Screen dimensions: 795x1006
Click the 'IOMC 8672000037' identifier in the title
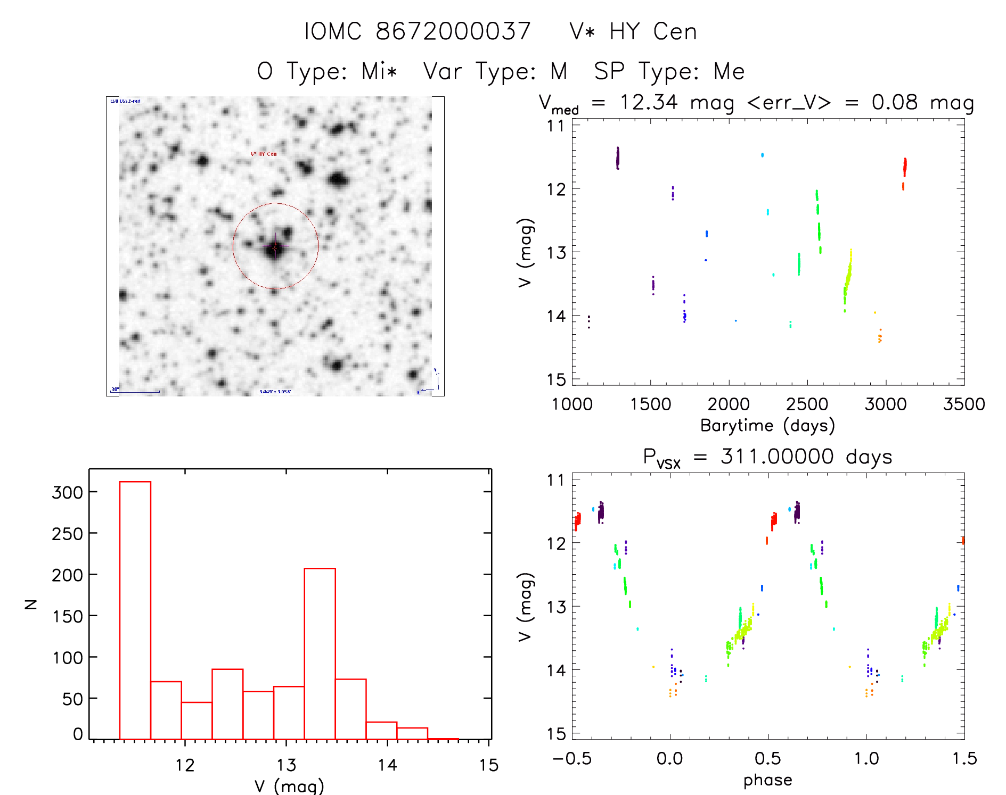[x=418, y=31]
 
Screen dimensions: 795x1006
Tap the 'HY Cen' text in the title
[x=653, y=31]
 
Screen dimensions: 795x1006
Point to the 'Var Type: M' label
[x=495, y=71]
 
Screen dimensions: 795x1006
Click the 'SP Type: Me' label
[x=669, y=71]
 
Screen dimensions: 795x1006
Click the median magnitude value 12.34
[x=649, y=102]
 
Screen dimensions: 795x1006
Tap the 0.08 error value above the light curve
[x=895, y=102]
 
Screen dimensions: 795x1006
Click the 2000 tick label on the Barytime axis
[x=729, y=404]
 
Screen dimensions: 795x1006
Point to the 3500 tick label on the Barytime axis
[x=964, y=404]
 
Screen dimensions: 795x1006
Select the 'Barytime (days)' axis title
[x=767, y=426]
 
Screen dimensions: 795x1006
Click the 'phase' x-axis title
[x=767, y=780]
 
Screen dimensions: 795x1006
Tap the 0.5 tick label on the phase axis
[x=768, y=758]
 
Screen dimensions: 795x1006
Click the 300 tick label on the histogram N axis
[x=67, y=492]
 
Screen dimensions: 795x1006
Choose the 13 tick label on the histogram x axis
[x=287, y=765]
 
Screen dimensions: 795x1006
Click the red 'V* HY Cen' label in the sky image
[x=264, y=154]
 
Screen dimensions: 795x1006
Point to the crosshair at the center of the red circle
[x=275, y=246]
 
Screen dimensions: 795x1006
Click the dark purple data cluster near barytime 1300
[x=618, y=158]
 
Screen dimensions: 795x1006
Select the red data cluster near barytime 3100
[x=904, y=167]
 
